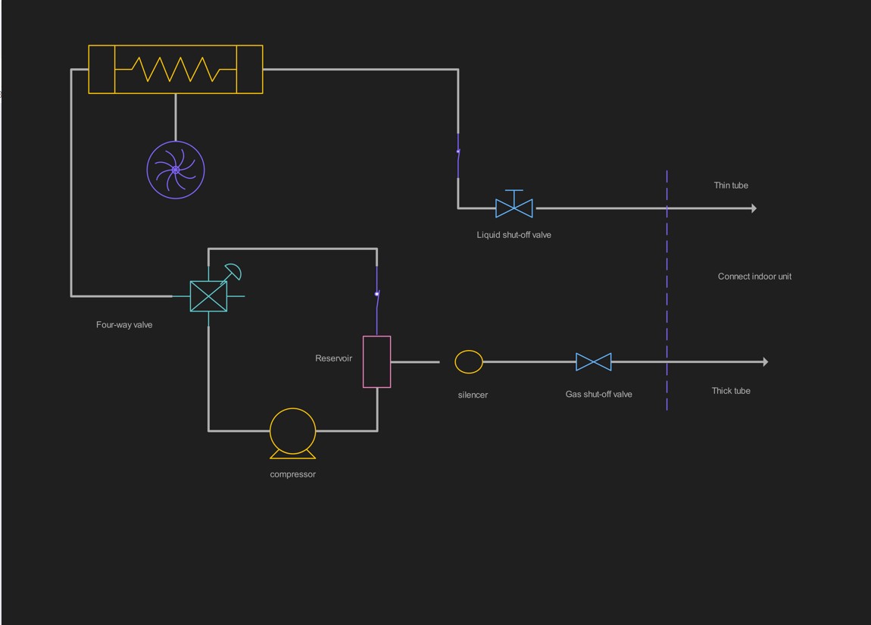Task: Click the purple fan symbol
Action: point(176,170)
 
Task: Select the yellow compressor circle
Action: point(293,431)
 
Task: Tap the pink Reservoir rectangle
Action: point(377,362)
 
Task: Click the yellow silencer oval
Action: point(469,362)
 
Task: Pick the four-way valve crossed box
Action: point(208,296)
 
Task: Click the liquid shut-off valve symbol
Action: point(514,208)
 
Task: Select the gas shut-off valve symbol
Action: point(594,362)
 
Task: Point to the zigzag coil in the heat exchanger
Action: point(176,69)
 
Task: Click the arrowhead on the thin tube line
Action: point(754,208)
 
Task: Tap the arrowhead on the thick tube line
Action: point(766,362)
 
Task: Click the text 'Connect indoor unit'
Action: point(754,277)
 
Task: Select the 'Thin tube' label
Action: point(731,186)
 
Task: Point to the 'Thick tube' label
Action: point(731,391)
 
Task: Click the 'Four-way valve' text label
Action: point(124,325)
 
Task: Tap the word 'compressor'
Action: point(293,474)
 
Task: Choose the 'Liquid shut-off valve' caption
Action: point(514,235)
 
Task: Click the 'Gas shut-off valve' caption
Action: point(599,394)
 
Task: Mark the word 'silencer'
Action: point(473,395)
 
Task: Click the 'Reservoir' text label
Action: point(334,358)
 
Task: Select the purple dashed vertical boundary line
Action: point(667,303)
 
